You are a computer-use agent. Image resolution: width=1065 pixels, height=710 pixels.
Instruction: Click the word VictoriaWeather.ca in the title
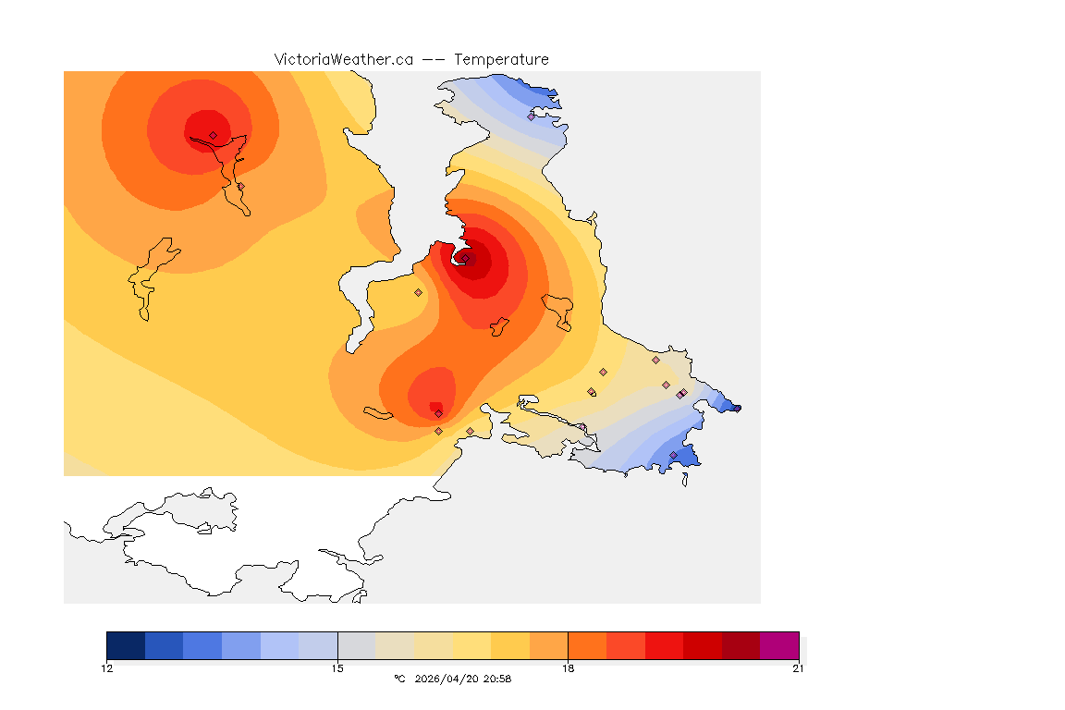pos(343,59)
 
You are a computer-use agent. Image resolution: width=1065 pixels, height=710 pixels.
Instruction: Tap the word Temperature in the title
pos(501,59)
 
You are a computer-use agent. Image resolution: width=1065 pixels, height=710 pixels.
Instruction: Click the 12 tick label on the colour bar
pos(107,668)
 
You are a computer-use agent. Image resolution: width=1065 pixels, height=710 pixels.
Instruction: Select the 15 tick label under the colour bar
pos(337,668)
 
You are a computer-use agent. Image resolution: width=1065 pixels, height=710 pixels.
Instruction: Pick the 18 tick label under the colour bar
pos(568,668)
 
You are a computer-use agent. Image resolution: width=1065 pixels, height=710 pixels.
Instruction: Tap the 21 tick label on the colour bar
pos(798,668)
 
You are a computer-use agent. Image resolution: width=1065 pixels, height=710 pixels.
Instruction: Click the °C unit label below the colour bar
pos(399,679)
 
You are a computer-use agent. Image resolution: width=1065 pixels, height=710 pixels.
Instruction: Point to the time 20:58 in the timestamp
pos(498,679)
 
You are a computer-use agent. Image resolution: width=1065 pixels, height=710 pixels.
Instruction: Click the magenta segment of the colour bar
pos(779,645)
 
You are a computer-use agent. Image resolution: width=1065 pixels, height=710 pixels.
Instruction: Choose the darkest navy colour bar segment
pos(126,645)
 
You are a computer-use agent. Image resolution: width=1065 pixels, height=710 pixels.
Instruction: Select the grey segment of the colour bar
pos(357,645)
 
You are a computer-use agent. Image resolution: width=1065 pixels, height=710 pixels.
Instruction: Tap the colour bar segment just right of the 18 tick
pos(587,645)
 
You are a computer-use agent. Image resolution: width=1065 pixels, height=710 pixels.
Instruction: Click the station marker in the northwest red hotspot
pos(213,135)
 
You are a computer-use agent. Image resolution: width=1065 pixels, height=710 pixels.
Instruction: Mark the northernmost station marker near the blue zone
pos(531,116)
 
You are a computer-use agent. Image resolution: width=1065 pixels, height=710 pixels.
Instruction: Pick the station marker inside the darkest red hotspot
pos(467,259)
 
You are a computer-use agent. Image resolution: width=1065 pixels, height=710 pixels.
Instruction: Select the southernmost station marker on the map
pos(673,455)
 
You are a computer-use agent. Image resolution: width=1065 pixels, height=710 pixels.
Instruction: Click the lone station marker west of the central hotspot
pos(418,292)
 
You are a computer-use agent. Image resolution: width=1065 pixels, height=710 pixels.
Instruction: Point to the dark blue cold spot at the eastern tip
pos(734,407)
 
